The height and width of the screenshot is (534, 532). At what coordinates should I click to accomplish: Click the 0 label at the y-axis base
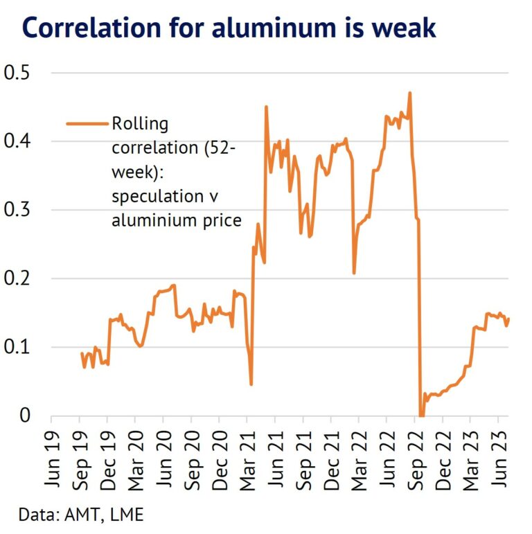pyautogui.click(x=26, y=416)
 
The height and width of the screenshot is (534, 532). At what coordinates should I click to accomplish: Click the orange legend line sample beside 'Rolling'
pyautogui.click(x=87, y=124)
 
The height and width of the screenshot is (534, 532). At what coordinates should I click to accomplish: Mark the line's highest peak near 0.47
pyautogui.click(x=410, y=93)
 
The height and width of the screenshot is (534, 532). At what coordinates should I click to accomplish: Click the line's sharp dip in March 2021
pyautogui.click(x=251, y=384)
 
